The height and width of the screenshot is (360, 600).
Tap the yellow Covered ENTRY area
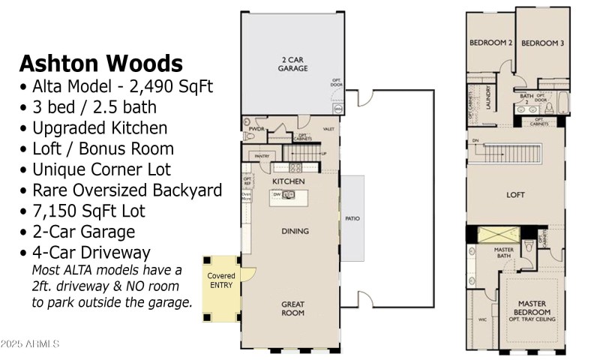tap(220, 280)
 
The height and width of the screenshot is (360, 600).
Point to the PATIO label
tap(352, 219)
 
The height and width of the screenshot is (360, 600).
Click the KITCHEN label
tap(288, 181)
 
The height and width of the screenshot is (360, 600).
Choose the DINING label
tap(295, 231)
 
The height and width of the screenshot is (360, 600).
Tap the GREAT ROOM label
tap(292, 308)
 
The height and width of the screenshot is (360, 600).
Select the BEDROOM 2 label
tap(490, 43)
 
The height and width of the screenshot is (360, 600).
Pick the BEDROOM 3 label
tap(542, 43)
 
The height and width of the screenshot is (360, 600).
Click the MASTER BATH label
tap(504, 252)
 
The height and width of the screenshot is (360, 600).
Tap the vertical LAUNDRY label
tap(488, 97)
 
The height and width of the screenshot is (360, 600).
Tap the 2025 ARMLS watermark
tap(30, 343)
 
